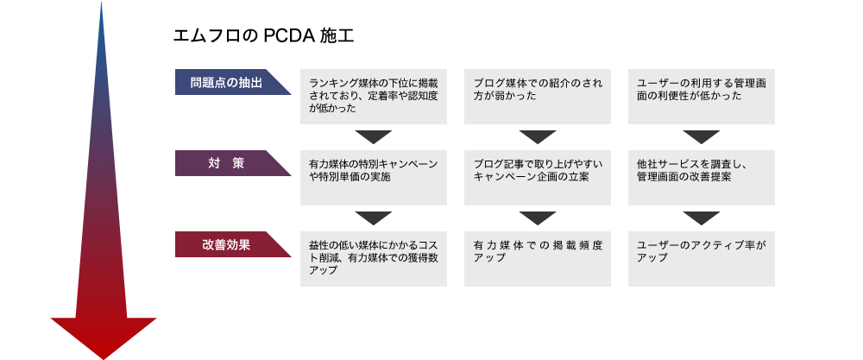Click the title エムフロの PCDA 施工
coord(263,36)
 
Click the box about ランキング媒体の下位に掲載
coord(373,97)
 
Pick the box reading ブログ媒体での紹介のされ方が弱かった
coord(537,97)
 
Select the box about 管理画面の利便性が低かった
coord(701,97)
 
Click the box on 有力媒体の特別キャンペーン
coord(373,178)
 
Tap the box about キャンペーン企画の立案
coord(537,178)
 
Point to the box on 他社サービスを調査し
coord(701,178)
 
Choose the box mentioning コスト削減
coord(373,259)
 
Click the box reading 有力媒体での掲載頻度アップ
coord(537,259)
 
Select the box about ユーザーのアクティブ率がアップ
coord(701,259)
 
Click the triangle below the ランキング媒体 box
coord(373,136)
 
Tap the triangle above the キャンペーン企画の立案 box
coord(537,136)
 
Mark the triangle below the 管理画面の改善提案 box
coord(701,218)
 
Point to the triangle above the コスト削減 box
coord(373,218)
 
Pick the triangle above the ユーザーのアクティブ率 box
coord(701,218)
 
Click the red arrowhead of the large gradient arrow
coord(104,336)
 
